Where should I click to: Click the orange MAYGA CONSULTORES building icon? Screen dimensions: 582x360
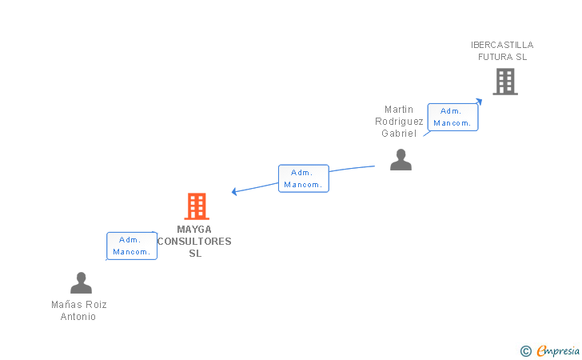coord(197,206)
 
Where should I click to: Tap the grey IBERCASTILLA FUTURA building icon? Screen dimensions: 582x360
coord(505,82)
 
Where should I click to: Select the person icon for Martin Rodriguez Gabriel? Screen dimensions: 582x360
coord(401,160)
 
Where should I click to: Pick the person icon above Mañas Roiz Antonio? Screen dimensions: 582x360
coord(81,282)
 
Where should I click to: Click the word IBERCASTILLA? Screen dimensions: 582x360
coord(502,45)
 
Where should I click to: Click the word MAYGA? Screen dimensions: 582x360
coord(194,230)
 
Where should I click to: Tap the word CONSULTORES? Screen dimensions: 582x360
coord(194,242)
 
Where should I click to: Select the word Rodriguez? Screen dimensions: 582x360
coord(399,122)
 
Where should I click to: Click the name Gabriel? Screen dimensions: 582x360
coord(399,134)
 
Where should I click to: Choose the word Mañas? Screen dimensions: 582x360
coord(63,305)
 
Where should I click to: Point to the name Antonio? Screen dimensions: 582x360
coord(78,317)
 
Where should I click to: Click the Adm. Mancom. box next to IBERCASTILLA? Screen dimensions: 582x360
coord(452,117)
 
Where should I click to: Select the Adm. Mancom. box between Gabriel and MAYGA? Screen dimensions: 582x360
coord(304,178)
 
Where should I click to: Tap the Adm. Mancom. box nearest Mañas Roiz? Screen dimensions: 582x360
coord(132,246)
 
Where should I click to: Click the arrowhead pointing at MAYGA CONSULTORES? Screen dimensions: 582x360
coord(233,191)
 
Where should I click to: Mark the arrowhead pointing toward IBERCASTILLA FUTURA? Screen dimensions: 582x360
coord(479,101)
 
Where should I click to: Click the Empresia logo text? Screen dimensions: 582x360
coord(558,350)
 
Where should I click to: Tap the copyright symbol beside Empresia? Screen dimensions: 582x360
coord(525,351)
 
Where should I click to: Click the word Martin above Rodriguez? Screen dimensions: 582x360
coord(399,110)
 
